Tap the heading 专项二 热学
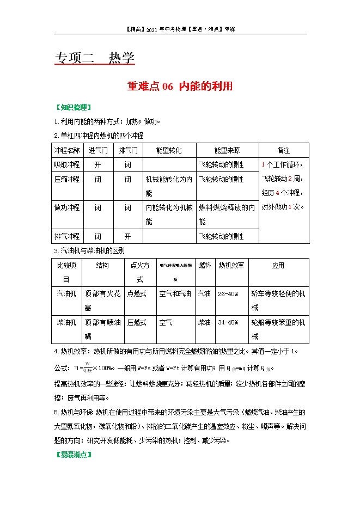coord(95,58)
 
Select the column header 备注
coord(283,150)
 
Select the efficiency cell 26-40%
coord(228,294)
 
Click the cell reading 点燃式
coord(137,294)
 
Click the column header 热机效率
coord(231,265)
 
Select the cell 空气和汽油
coord(175,294)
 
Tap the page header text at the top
coord(180,29)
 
